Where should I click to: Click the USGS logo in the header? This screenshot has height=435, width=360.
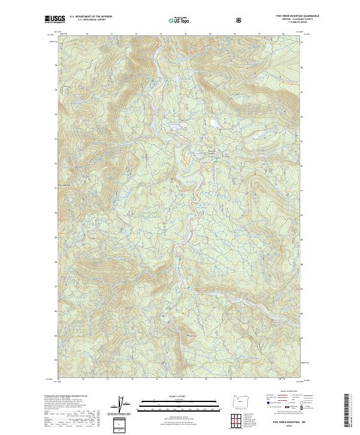point(53,20)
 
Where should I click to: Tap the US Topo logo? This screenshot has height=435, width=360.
point(176,20)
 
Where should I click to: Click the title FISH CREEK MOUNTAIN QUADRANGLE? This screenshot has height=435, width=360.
point(284,17)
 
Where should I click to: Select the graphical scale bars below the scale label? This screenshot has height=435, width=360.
point(172,404)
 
